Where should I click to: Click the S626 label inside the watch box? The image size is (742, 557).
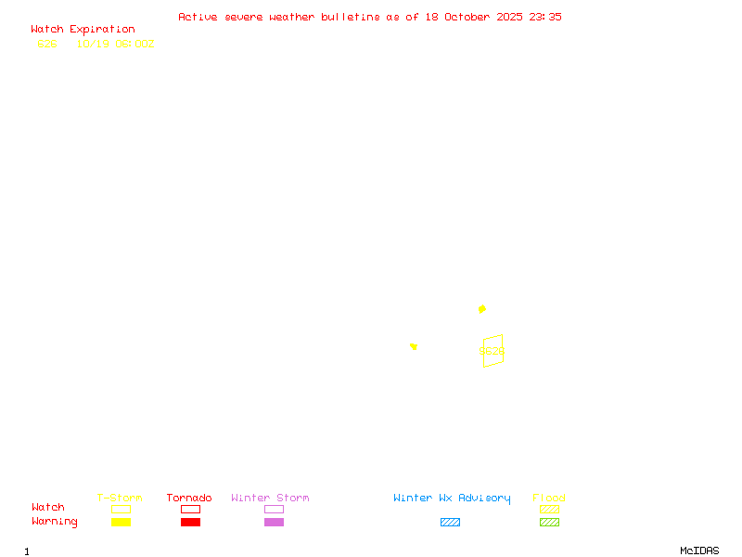coord(492,352)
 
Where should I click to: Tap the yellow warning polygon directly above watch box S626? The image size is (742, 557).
coord(482,308)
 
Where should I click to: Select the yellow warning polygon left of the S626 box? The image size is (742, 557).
coord(414,346)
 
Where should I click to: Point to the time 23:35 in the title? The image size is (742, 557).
coord(545,17)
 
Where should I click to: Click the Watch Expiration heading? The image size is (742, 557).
coord(83,30)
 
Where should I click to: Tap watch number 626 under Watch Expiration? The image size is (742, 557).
coord(47,44)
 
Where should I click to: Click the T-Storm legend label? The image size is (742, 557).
coord(120,499)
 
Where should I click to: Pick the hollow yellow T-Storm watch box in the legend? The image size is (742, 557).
coord(121,509)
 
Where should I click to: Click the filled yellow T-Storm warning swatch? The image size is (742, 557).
coord(121,522)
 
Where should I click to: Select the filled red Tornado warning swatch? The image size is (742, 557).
coord(190,522)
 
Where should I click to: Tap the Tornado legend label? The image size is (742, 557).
coord(189,499)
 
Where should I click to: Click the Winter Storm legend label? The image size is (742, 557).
coord(270,499)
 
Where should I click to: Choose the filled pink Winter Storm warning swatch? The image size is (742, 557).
coord(274,522)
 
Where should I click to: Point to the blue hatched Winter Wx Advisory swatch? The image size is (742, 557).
coord(450,522)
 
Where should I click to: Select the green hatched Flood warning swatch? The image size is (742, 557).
coord(549,522)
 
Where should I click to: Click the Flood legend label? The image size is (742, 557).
coord(549,499)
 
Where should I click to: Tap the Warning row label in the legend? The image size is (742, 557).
coord(55,522)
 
